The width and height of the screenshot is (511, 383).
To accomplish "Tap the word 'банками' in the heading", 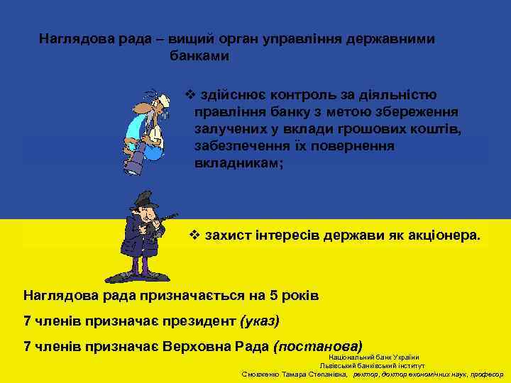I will click(199, 55).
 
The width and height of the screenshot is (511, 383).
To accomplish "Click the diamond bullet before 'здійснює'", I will click(189, 94).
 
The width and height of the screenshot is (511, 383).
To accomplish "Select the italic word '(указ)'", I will click(260, 321).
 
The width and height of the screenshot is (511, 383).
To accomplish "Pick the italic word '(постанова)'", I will click(317, 347).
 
